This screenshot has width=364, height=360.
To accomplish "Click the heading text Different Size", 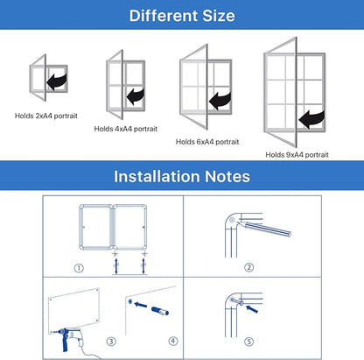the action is click(182, 16).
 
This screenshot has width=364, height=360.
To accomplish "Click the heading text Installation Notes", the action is click(182, 176).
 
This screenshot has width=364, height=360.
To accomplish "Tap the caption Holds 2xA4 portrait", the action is click(46, 116).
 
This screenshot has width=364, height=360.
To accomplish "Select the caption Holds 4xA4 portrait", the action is click(125, 129).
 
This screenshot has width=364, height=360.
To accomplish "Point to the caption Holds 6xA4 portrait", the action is click(207, 142).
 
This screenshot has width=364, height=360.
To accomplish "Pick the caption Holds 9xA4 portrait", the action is click(297, 155).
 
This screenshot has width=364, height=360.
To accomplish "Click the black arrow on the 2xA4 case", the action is click(57, 81).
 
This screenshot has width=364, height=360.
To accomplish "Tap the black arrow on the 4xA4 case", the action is click(136, 96).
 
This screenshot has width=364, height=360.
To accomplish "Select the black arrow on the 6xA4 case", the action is click(220, 101).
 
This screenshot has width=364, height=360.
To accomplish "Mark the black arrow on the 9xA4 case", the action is click(311, 119).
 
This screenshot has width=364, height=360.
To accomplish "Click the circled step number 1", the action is click(79, 268).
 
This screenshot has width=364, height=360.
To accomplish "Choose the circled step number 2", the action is click(248, 267).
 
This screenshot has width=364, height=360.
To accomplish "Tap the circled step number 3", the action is click(111, 342).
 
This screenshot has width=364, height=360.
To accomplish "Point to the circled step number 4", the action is click(173, 341).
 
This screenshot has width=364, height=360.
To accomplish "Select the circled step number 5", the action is click(248, 342).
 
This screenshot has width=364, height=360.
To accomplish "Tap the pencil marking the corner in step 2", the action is click(264, 229).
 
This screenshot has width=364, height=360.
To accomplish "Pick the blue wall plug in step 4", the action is click(160, 311).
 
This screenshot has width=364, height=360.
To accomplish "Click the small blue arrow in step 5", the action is click(252, 309).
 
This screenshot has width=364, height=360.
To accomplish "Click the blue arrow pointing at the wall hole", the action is click(141, 305).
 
